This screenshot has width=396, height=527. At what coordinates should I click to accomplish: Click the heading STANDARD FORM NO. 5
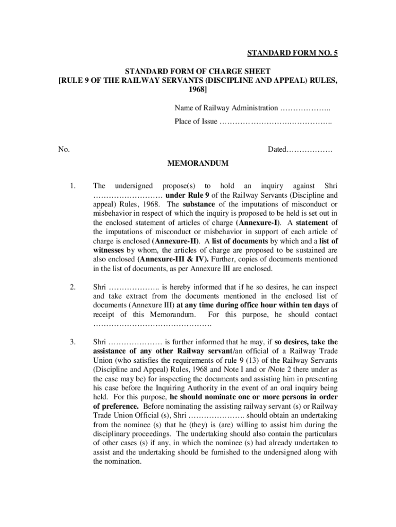coord(293,54)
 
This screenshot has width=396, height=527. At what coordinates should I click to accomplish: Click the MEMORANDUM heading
coord(198,164)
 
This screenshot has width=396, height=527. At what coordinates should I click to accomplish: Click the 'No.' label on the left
coord(64,150)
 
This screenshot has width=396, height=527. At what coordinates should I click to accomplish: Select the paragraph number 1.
coord(74,186)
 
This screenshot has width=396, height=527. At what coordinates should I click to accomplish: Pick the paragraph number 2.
coord(74,287)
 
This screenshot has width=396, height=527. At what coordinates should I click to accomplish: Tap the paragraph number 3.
coord(74,342)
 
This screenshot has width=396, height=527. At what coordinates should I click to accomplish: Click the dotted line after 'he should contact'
coord(152,324)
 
